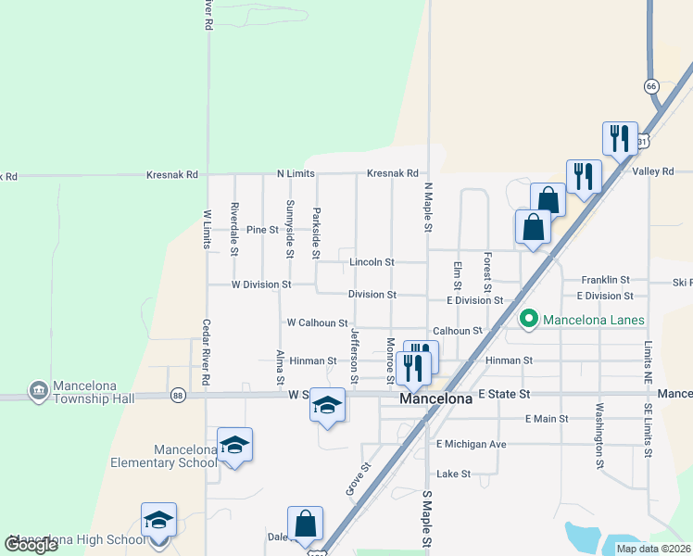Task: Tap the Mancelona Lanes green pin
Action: click(529, 321)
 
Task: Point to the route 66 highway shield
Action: click(651, 85)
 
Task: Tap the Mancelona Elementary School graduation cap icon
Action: click(234, 446)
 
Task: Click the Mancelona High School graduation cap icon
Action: click(158, 520)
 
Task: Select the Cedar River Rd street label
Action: click(207, 353)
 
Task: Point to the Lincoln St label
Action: click(372, 262)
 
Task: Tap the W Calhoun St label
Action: click(317, 322)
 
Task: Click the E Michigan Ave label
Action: click(472, 444)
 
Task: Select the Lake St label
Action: click(454, 474)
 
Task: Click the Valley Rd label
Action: click(653, 171)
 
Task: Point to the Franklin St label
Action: click(605, 279)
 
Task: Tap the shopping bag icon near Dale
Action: click(305, 524)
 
